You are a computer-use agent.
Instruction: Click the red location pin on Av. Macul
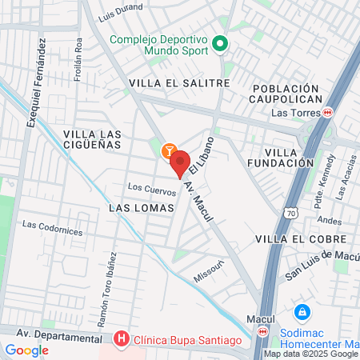coord(180,162)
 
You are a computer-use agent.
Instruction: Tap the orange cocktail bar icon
coord(169,150)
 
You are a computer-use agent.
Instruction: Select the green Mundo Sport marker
coord(222,45)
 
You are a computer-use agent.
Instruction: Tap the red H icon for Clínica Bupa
coord(121,341)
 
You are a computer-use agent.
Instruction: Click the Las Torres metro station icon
coord(328,113)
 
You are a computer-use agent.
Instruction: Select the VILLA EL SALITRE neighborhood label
coord(179,82)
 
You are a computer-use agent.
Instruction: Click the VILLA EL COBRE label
coord(301,239)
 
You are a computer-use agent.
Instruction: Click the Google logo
coord(26,350)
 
